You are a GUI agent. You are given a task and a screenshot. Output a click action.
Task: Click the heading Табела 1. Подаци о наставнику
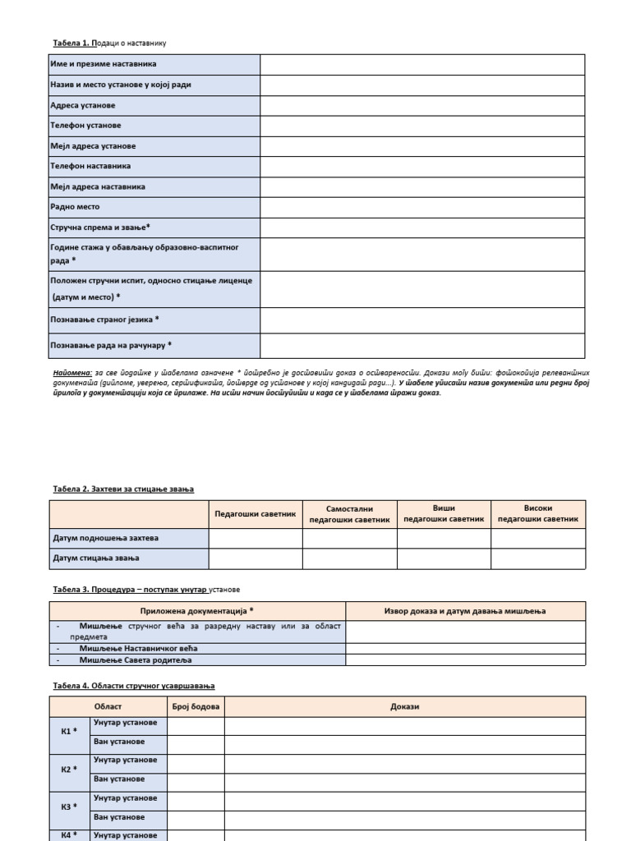coord(113,43)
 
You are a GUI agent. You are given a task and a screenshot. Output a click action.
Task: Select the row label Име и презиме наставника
coord(104,64)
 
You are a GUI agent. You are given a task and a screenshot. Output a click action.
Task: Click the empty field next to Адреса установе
coord(422,105)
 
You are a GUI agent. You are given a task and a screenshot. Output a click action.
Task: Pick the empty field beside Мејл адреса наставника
coord(422,186)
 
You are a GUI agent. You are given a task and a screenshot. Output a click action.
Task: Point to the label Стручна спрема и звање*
coord(100,227)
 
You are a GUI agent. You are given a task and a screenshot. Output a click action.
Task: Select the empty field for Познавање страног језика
coord(422,319)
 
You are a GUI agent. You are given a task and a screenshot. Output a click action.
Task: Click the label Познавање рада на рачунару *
coord(111,345)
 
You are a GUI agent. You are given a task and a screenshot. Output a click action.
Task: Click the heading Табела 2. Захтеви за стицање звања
coord(123,489)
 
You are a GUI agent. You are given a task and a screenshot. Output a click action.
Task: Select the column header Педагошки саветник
coord(255,513)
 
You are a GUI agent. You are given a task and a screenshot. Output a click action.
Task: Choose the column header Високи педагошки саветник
coord(538,513)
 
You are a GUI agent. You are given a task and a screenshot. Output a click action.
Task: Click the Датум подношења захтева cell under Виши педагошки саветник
coord(444,538)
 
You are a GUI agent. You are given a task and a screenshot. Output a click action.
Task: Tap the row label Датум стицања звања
coord(96,558)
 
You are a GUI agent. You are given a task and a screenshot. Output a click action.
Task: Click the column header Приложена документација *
coord(197,611)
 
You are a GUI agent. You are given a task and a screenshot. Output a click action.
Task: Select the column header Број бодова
coord(196,706)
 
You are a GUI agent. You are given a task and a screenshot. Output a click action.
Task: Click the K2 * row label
coord(69,770)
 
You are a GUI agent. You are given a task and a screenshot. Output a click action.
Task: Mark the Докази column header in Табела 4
coord(405,706)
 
